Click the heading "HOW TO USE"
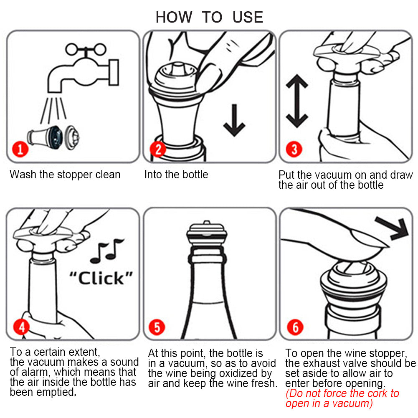click(x=209, y=17)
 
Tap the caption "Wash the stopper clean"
click(x=65, y=175)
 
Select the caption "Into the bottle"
click(x=176, y=175)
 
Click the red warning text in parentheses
click(x=342, y=398)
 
